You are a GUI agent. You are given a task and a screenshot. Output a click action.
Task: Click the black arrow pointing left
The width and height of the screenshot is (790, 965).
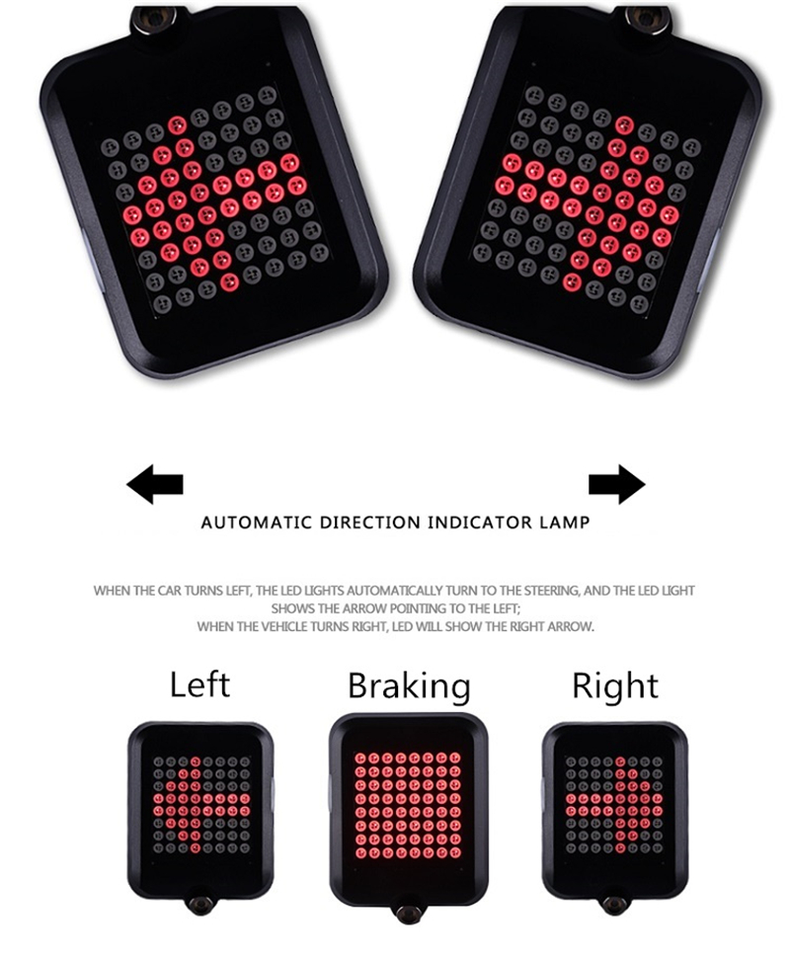pyautogui.click(x=154, y=484)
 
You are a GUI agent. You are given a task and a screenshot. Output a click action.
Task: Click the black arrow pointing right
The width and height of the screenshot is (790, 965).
pyautogui.click(x=616, y=484)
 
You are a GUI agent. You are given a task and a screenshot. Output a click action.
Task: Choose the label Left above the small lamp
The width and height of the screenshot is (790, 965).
pyautogui.click(x=199, y=684)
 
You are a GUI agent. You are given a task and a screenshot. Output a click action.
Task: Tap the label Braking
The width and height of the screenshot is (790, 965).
pyautogui.click(x=409, y=686)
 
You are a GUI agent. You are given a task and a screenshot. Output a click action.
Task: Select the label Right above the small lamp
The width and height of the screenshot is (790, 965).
pyautogui.click(x=614, y=686)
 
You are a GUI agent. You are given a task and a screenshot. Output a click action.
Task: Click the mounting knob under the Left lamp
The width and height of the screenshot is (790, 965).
pyautogui.click(x=200, y=904)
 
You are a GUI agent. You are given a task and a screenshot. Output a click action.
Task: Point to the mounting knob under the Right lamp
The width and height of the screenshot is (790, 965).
pyautogui.click(x=613, y=904)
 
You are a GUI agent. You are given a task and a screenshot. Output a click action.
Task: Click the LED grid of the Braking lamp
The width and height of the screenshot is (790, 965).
pyautogui.click(x=407, y=805)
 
